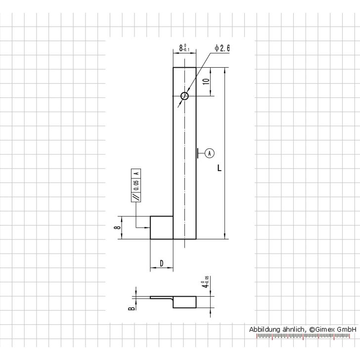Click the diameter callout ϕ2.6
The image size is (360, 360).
click(x=222, y=48)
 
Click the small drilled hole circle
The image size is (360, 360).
click(x=185, y=96)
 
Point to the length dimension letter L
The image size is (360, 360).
click(x=219, y=168)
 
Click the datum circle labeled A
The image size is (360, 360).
click(x=210, y=153)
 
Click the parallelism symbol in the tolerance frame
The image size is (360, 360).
click(x=136, y=197)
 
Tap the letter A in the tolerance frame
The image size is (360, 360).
click(x=136, y=173)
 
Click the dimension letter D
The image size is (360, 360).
click(x=162, y=264)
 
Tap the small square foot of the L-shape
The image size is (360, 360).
click(x=162, y=228)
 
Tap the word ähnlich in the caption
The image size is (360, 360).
click(x=293, y=329)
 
